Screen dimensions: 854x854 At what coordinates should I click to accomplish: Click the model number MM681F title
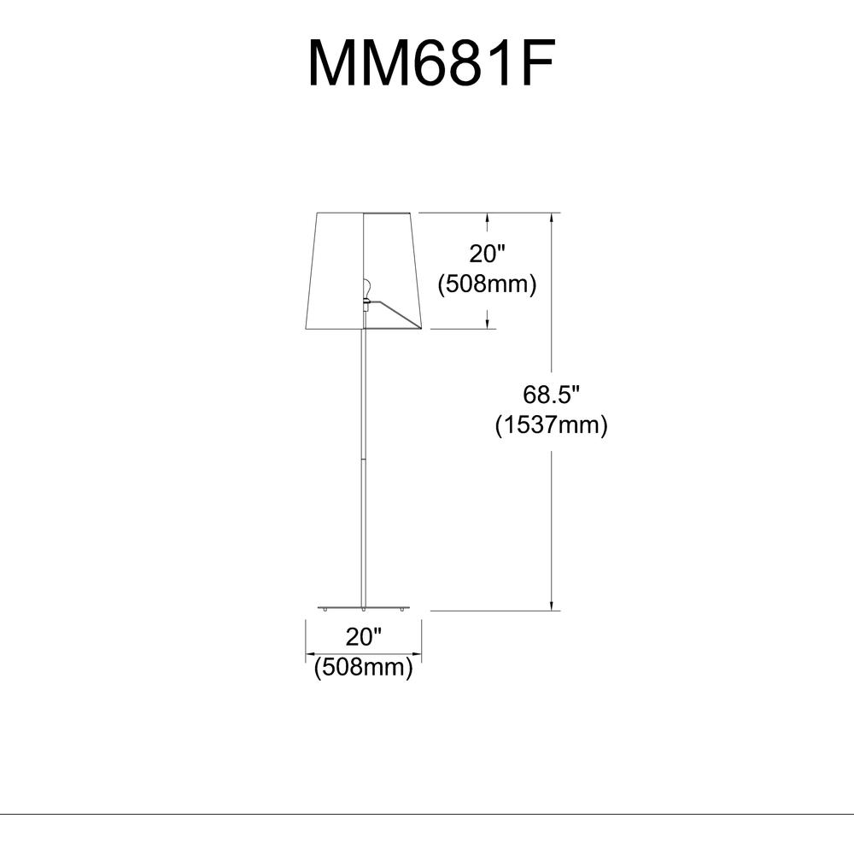pyautogui.click(x=431, y=63)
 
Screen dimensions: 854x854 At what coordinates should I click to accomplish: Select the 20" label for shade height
pyautogui.click(x=487, y=254)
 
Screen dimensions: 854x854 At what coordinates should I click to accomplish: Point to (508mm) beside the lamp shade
pyautogui.click(x=487, y=284)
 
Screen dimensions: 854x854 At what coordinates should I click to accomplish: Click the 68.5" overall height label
pyautogui.click(x=552, y=395)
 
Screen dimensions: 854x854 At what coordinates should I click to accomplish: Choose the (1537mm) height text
pyautogui.click(x=552, y=424)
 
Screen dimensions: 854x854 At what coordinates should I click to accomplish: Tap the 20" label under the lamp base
pyautogui.click(x=363, y=636)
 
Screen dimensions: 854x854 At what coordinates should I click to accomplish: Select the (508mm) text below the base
pyautogui.click(x=364, y=667)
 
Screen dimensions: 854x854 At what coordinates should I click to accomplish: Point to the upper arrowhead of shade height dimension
pyautogui.click(x=488, y=219)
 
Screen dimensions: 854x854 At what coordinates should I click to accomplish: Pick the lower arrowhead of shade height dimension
pyautogui.click(x=488, y=323)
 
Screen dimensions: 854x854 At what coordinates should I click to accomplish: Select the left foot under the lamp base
pyautogui.click(x=326, y=610)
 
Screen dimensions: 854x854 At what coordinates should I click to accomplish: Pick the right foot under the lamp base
pyautogui.click(x=401, y=610)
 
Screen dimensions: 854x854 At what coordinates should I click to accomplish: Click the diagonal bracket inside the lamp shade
pyautogui.click(x=395, y=313)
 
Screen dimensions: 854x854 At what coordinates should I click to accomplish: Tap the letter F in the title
pyautogui.click(x=536, y=63)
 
